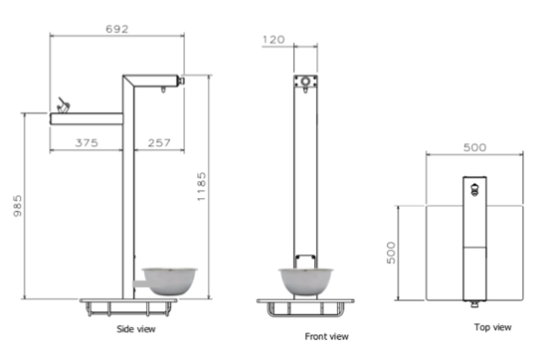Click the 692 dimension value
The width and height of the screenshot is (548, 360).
117,29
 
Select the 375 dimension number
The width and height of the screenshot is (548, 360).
87,143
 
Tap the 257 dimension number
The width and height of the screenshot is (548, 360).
159,143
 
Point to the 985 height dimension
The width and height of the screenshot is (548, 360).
17,206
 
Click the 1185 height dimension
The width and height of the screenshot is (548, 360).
202,186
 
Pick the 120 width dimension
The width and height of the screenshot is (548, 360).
273,39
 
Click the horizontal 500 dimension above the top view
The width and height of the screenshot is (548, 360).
475,147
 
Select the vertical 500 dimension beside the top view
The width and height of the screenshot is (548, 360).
391,253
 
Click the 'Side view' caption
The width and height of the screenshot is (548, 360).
136,329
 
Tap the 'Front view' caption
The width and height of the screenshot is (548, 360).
326,336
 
